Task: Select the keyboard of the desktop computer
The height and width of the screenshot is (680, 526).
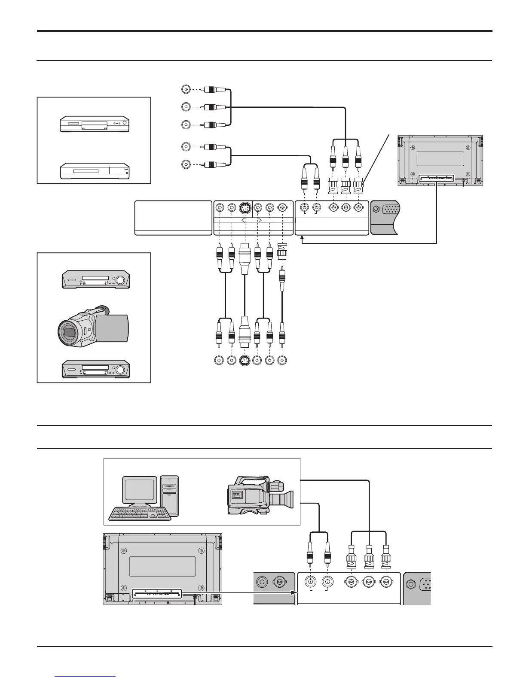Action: click(140, 513)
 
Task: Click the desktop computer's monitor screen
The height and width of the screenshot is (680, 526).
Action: click(140, 489)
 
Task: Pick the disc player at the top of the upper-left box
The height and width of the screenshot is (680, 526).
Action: click(94, 124)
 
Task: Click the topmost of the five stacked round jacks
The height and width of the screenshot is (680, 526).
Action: click(186, 90)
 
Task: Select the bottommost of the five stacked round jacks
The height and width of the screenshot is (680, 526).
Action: click(186, 164)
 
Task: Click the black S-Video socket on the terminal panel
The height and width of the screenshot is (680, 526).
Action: click(245, 209)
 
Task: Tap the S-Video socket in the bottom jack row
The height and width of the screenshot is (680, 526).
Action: click(245, 361)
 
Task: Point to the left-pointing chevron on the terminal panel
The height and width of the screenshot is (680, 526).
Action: click(243, 220)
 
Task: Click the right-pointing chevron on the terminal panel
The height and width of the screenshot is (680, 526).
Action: click(259, 220)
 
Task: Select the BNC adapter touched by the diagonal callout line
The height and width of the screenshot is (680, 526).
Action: click(358, 186)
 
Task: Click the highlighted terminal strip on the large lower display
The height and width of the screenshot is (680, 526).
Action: click(157, 594)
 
